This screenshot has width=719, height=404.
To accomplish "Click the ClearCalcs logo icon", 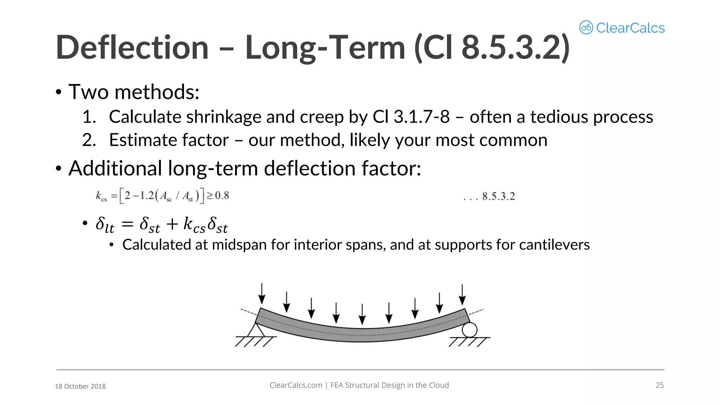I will coord(586,27).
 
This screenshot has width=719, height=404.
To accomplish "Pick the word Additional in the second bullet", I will coord(115,168).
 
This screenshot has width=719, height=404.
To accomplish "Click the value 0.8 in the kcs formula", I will coord(222,195).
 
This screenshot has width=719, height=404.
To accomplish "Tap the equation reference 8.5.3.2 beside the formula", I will coord(498,196).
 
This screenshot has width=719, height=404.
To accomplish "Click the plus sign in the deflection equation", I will coord(172,224).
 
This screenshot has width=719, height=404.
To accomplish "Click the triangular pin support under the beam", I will coord(256,330).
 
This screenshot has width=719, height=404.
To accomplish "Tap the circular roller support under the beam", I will coord(469,330).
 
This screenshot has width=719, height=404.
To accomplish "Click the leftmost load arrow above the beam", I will coord(262,294).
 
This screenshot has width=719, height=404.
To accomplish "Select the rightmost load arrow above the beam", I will coord(462,295).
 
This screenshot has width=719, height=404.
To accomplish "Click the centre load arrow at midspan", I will coord(362,314).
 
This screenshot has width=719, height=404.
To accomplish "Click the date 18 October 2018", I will coord(80,386).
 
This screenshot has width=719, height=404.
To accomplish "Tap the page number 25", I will coord(660,385).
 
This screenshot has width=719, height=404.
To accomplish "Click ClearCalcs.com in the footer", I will coord(296,385).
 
